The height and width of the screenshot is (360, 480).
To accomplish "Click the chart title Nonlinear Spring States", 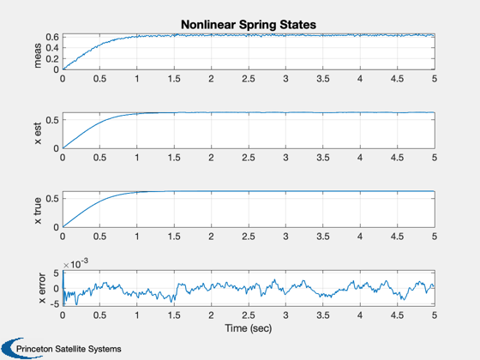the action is [x=249, y=25].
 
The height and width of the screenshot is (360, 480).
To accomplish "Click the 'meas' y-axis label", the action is [x=38, y=56].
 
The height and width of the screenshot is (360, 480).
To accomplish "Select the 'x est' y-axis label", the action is [x=38, y=134].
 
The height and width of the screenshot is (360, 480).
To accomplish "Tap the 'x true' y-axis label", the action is [x=38, y=211].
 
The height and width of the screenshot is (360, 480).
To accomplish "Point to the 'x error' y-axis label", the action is [x=42, y=288].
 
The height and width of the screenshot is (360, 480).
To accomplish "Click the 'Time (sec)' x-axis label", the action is [x=249, y=328].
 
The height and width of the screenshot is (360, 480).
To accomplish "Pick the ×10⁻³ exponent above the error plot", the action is [x=75, y=264].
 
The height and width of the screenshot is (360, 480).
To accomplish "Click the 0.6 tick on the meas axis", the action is [x=52, y=37].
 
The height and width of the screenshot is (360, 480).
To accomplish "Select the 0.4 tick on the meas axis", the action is [x=52, y=48].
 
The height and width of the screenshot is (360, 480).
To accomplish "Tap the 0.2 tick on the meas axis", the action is [x=52, y=59].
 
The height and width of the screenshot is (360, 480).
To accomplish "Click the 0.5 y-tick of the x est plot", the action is [x=52, y=120].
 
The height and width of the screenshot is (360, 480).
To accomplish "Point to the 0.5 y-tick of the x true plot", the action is [x=52, y=199].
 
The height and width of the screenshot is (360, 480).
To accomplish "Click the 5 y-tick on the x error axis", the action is [x=56, y=273].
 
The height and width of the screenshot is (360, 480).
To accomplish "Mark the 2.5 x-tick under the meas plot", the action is [x=249, y=79].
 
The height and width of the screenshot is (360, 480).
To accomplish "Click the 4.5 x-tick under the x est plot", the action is [x=397, y=158].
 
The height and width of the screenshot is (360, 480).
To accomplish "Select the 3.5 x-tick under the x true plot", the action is [x=323, y=237].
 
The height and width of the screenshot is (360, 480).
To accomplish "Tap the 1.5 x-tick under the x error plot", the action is [x=174, y=315].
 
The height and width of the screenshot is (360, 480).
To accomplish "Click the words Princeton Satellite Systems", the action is [x=69, y=349].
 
